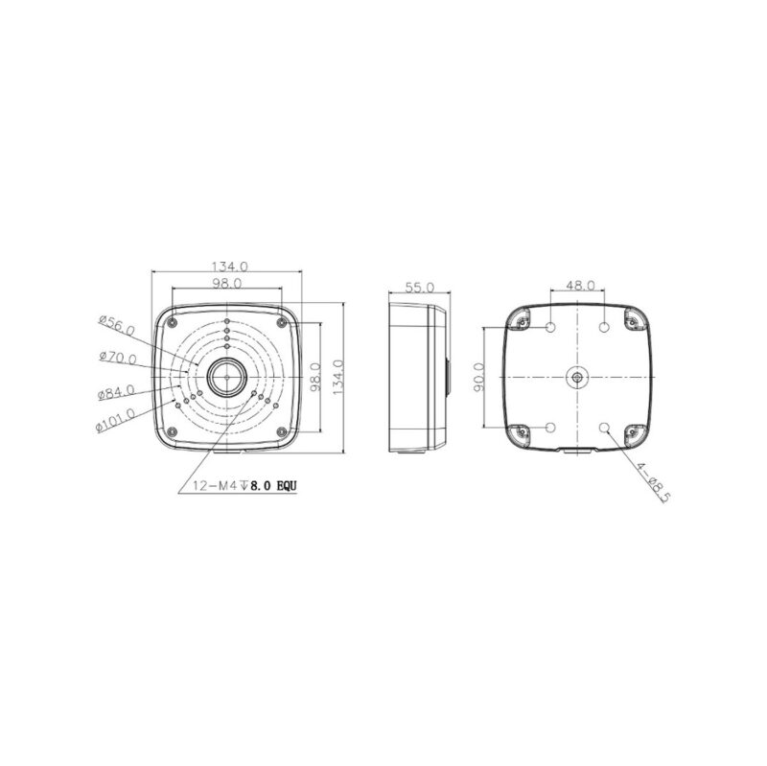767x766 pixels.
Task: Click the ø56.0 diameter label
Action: (x=118, y=326)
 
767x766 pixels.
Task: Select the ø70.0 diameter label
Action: (x=117, y=359)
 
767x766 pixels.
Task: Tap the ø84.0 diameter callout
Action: (x=116, y=392)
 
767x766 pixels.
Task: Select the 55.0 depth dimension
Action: (x=420, y=287)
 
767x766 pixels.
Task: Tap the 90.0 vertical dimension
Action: (x=480, y=378)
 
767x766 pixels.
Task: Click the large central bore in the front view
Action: (x=227, y=378)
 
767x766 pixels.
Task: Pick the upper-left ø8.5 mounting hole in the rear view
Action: (x=552, y=328)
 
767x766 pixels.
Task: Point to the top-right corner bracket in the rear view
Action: (x=634, y=320)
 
